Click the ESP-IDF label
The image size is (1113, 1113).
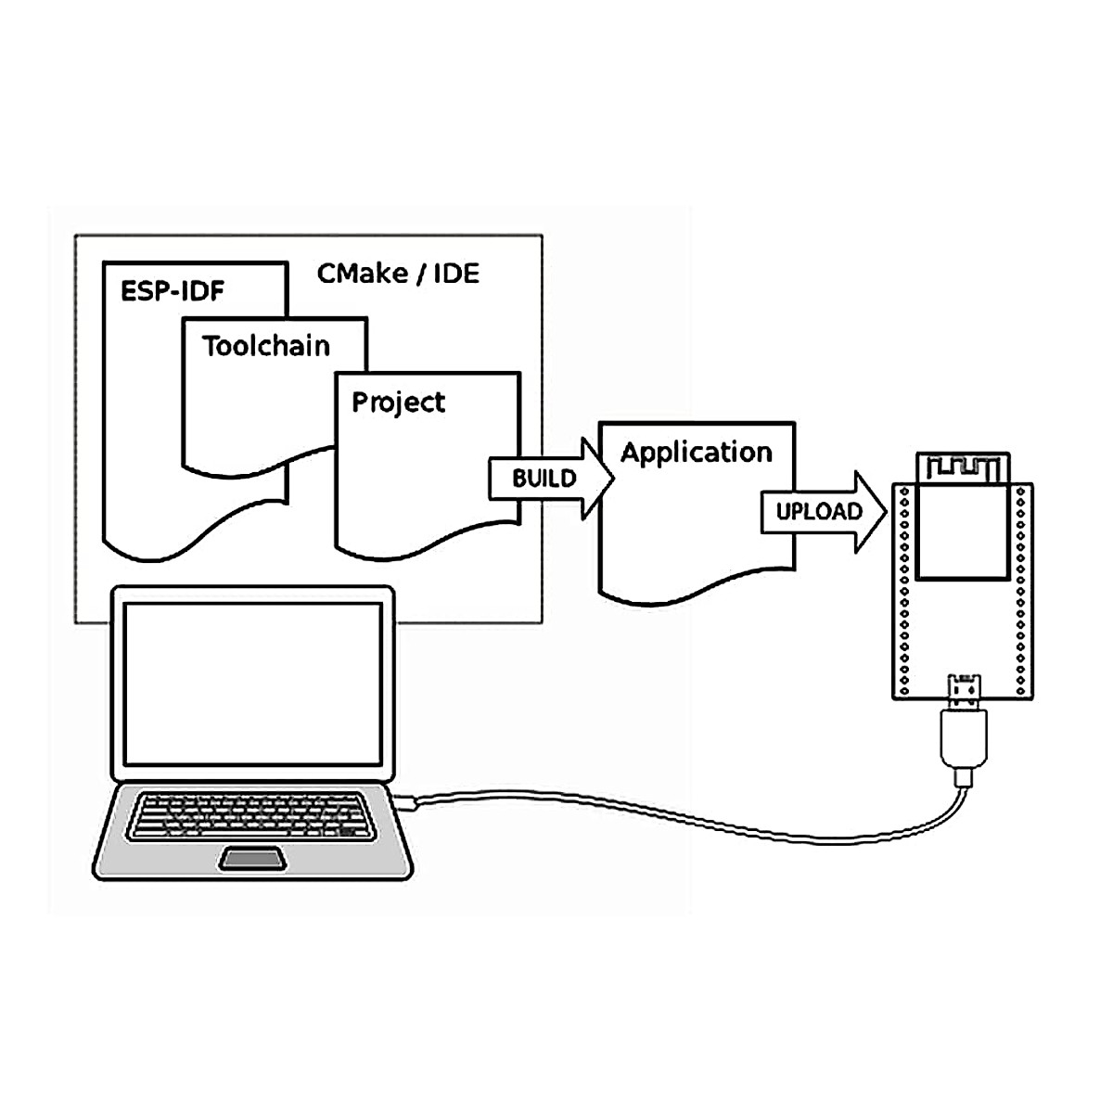coord(173,291)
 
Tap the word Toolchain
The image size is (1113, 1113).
coord(266,346)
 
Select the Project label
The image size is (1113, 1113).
coord(398,403)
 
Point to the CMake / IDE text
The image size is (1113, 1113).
coord(398,274)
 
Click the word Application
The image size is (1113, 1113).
coord(696,453)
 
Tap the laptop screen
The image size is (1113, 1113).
coord(252,682)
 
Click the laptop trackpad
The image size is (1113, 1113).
coord(252,859)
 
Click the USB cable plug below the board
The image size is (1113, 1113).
coord(965,737)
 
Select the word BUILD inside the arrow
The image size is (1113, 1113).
coord(544,479)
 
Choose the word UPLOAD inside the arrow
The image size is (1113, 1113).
coord(819,512)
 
